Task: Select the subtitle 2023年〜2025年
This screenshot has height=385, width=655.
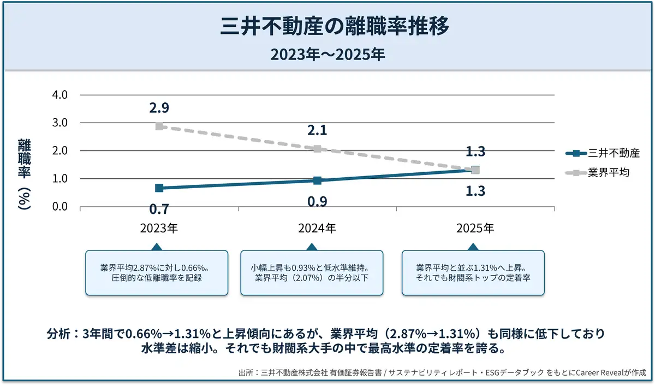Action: (x=327, y=55)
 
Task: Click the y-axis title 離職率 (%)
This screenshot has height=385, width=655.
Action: (x=25, y=174)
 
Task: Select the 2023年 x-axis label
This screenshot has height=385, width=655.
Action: (x=159, y=228)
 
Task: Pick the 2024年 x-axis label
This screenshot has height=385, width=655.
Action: (x=317, y=228)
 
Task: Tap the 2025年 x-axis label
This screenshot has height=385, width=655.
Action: (x=475, y=228)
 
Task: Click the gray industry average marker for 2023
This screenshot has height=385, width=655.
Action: (x=159, y=126)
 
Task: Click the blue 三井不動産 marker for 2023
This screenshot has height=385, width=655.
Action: (x=159, y=188)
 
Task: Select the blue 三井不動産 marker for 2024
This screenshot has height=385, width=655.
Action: (x=317, y=180)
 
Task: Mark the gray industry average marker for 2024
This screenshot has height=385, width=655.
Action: (x=317, y=149)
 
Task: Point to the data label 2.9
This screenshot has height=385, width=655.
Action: (x=159, y=108)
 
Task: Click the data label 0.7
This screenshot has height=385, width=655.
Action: (x=159, y=209)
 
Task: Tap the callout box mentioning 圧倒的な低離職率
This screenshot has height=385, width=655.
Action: (x=156, y=273)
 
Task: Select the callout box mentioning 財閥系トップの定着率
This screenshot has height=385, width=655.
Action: (x=473, y=273)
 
